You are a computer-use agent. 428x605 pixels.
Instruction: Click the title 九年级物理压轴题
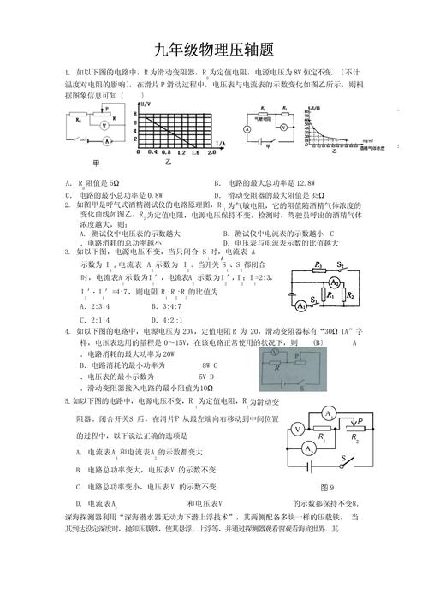[x=214, y=49]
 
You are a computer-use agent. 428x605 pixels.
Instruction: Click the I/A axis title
[x=220, y=141]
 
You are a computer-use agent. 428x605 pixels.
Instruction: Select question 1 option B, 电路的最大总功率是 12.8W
[x=266, y=182]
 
